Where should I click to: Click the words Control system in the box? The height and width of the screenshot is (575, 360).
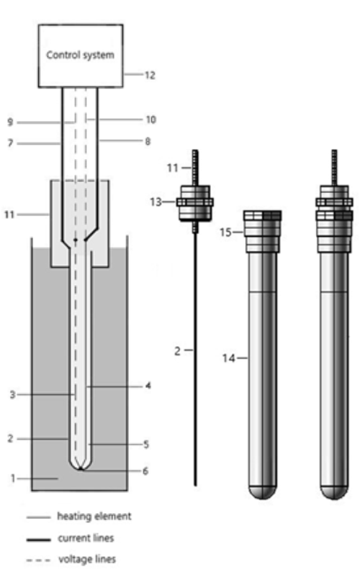click(80, 55)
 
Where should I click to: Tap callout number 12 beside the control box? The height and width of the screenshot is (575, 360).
click(150, 75)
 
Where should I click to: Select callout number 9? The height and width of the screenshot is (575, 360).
click(10, 122)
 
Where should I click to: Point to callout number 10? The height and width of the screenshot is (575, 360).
click(150, 119)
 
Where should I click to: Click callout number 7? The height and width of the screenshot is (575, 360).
click(10, 143)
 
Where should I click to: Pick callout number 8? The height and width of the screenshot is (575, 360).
click(148, 141)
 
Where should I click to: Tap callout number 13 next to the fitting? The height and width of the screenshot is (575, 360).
click(156, 202)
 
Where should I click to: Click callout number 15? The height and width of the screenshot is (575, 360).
click(225, 232)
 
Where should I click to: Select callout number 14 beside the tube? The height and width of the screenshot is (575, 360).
click(228, 358)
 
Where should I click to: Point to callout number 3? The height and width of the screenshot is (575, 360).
click(12, 395)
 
